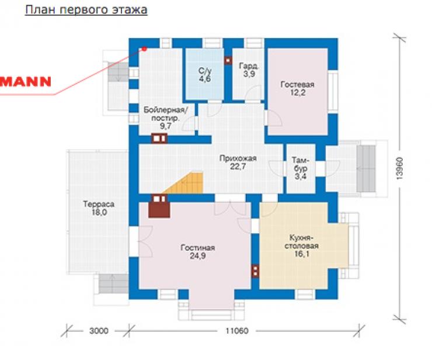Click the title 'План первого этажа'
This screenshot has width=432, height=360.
coord(86,10)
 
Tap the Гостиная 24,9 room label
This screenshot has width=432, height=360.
coord(197,251)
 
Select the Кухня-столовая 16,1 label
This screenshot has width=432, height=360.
coord(301,245)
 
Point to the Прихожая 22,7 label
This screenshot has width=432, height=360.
coord(238,162)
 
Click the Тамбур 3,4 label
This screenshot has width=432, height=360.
coord(301,168)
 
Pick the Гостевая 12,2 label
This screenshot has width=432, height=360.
coord(297,88)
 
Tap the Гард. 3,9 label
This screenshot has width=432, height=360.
coord(249,70)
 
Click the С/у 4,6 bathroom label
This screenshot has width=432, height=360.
coord(205,75)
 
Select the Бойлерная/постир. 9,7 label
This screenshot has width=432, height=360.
coord(166,118)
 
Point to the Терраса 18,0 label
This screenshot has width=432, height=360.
coord(99,208)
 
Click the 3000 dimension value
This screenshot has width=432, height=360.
coord(99,330)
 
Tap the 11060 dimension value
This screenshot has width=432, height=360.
coord(237,330)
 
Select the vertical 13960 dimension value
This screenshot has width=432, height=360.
coord(400,168)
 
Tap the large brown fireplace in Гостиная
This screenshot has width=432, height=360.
coord(159,210)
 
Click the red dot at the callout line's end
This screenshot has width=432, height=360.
coord(144,49)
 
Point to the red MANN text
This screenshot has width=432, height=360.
coord(26,82)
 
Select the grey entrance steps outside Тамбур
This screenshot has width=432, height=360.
coord(366,168)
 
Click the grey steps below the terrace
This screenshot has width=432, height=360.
coord(113,283)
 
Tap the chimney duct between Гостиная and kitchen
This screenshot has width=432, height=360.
coord(255,271)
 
